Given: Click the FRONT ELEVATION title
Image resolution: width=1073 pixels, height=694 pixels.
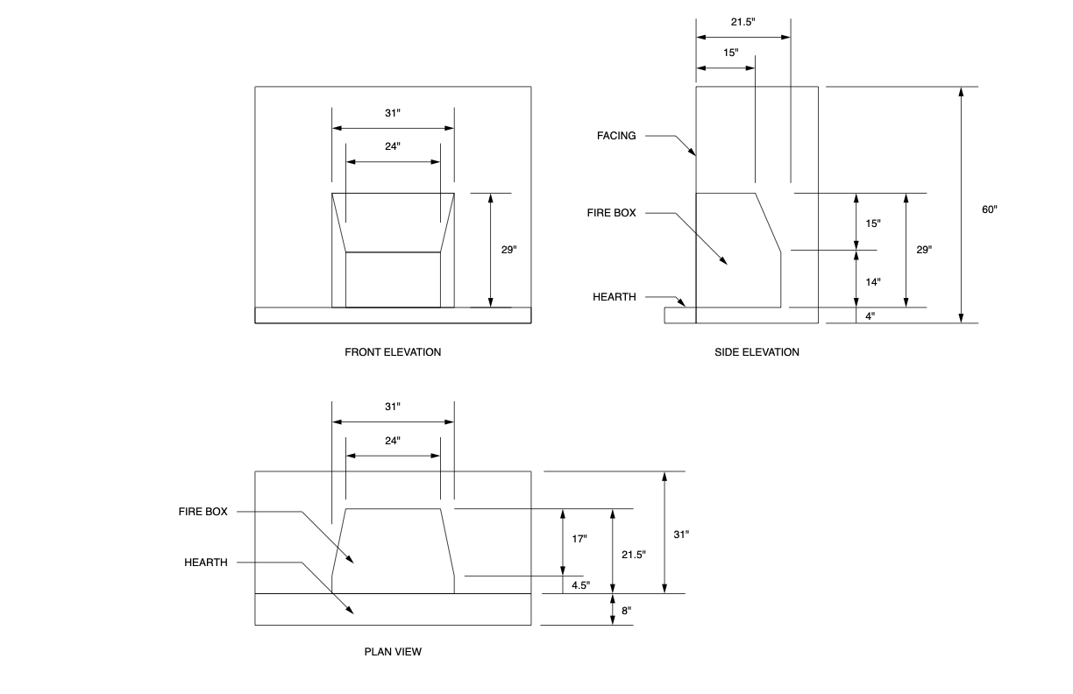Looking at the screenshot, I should [393, 352].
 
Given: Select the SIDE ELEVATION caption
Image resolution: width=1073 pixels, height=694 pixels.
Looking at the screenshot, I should [757, 352].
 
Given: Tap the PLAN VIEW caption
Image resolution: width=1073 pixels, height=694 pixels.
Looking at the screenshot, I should [393, 652].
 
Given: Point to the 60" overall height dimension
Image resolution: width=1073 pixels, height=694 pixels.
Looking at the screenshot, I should [989, 209].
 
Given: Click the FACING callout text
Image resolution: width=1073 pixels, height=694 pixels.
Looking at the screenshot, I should [616, 136].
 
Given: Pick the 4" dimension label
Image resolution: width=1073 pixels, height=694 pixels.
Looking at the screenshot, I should [870, 316].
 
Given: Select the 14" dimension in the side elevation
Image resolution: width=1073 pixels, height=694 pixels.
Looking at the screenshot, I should [872, 282].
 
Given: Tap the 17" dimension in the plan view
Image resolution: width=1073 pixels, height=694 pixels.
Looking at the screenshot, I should [579, 539].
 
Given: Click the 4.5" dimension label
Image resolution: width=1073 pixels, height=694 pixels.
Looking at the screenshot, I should [580, 584].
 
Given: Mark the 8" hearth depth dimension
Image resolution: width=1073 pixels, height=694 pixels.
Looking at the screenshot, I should [625, 610].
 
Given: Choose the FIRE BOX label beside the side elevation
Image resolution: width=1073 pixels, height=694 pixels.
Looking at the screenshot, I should [612, 213].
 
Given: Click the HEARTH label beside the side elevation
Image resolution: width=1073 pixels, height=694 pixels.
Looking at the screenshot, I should [614, 297].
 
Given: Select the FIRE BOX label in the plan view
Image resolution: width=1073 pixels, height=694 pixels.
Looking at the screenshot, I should [203, 512].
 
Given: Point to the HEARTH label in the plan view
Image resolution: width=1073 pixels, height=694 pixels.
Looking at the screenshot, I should [206, 562].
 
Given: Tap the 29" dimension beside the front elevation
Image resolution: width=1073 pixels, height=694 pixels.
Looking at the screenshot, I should [508, 250].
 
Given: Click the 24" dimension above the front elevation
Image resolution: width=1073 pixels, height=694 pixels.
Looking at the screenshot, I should [393, 146].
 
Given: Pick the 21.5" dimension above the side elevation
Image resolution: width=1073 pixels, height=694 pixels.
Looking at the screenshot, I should [743, 20].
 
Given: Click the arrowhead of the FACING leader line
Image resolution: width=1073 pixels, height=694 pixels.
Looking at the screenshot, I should [694, 154].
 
